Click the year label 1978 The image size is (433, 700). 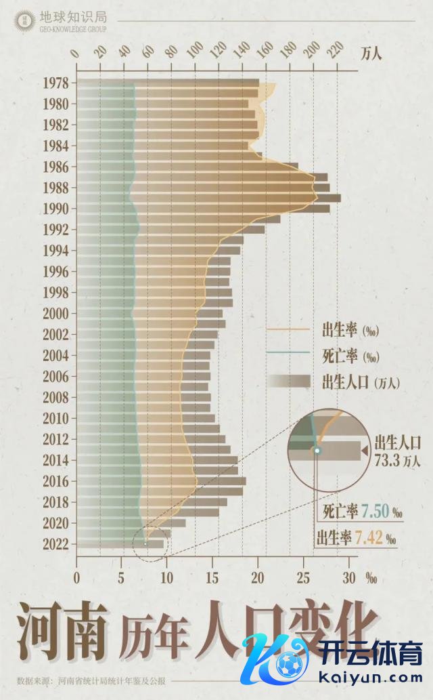coord(55,83)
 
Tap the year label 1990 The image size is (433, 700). coord(55,208)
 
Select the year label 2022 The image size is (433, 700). coord(55,543)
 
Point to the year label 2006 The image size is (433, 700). coord(55,376)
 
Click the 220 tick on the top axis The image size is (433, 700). coord(334,53)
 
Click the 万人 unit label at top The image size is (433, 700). coord(371,53)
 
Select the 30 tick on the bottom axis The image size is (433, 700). coord(349,577)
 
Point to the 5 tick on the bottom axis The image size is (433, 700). coord(122,577)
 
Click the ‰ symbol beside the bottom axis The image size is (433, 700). coord(371,578)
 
